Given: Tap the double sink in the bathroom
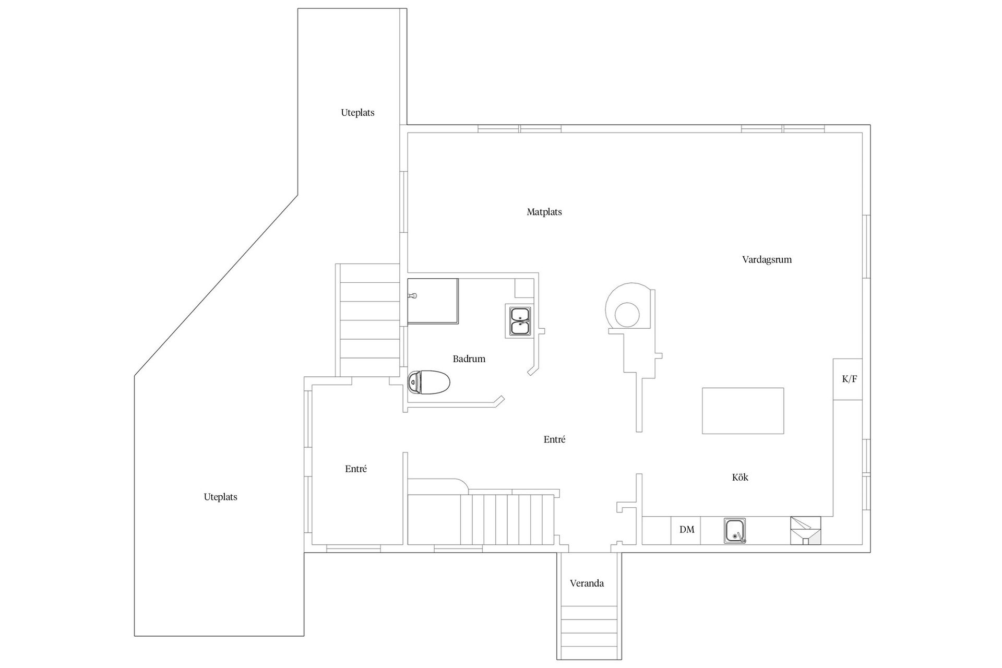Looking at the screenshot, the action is click(x=520, y=321).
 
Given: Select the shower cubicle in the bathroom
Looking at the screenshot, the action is click(x=433, y=301).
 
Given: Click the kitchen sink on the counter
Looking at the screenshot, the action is click(x=735, y=531).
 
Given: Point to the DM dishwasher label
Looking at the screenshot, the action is click(x=687, y=530).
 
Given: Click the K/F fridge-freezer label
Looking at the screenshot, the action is click(x=849, y=379).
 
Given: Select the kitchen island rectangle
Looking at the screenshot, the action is click(x=743, y=411).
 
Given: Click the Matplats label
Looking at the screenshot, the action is click(x=544, y=212).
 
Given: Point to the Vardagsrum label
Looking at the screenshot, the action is click(x=767, y=260).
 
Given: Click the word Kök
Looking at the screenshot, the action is click(x=740, y=477).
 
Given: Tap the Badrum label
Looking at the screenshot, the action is click(x=469, y=359).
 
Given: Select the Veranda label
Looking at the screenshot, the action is click(x=587, y=583).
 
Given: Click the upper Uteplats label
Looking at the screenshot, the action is click(x=357, y=113).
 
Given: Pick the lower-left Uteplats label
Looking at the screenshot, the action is click(x=220, y=497).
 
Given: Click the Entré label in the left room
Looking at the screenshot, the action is click(x=356, y=469).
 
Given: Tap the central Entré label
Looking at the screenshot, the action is click(x=554, y=439).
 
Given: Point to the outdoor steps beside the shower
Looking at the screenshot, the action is click(x=369, y=320).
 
